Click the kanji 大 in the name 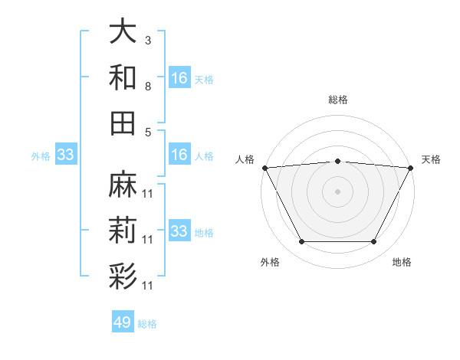click(123, 32)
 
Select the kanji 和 click(123, 77)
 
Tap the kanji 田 click(123, 123)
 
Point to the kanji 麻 click(123, 185)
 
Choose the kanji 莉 click(123, 230)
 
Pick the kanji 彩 click(123, 275)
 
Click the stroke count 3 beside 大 click(147, 40)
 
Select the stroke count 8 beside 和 click(147, 86)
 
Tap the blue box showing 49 click(123, 322)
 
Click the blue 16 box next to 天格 click(179, 78)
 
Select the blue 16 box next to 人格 click(179, 155)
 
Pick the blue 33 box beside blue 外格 click(66, 155)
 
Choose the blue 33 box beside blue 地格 click(179, 231)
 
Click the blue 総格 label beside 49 click(147, 324)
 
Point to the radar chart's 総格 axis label click(337, 100)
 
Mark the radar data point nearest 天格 click(411, 167)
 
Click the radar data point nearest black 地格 click(373, 241)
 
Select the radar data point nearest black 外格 click(301, 241)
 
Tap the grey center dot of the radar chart click(337, 191)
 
